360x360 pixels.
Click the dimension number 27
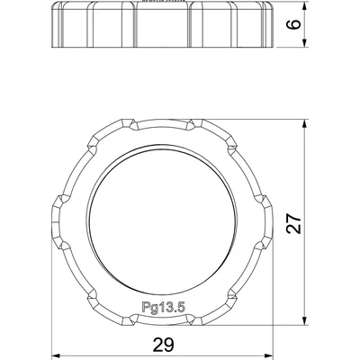294,223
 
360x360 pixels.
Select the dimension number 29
164,345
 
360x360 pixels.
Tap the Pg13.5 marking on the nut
163,308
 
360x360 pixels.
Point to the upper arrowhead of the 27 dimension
304,124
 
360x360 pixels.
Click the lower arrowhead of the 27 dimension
304,319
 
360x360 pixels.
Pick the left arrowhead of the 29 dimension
57,356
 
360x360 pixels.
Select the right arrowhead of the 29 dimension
267,356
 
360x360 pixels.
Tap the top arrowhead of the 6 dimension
304,7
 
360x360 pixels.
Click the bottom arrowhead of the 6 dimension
304,42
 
